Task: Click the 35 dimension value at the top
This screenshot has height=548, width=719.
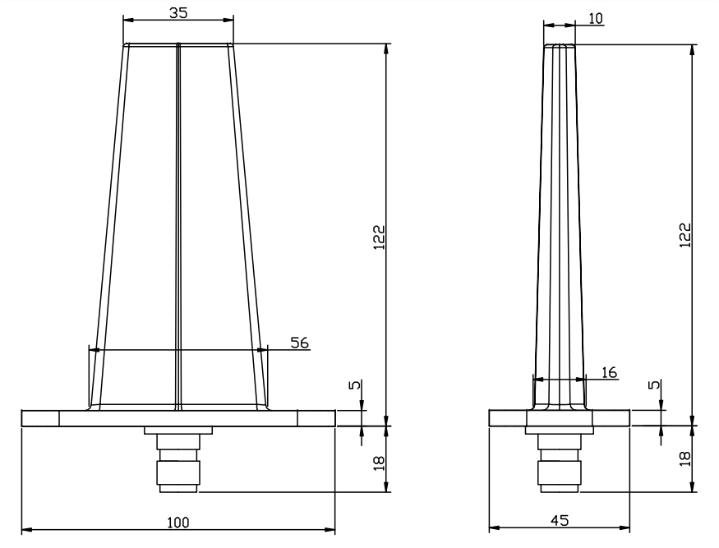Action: pyautogui.click(x=177, y=12)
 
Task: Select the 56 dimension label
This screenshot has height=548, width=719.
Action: pyautogui.click(x=300, y=343)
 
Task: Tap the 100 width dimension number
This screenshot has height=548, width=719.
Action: pyautogui.click(x=178, y=522)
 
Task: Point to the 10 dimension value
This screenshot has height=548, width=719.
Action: pyautogui.click(x=597, y=17)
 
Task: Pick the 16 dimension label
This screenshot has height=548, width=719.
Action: pyautogui.click(x=609, y=372)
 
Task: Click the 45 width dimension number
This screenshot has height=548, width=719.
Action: pyautogui.click(x=559, y=521)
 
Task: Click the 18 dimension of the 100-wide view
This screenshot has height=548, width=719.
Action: pyautogui.click(x=379, y=462)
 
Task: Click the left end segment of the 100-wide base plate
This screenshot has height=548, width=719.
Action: pyautogui.click(x=40, y=418)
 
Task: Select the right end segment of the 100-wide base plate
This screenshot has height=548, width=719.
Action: pyautogui.click(x=316, y=418)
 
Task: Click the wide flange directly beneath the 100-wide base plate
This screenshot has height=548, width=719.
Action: pyautogui.click(x=178, y=431)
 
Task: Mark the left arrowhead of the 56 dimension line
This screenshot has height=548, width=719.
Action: pyautogui.click(x=93, y=350)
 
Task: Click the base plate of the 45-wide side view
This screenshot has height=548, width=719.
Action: pyautogui.click(x=560, y=418)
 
